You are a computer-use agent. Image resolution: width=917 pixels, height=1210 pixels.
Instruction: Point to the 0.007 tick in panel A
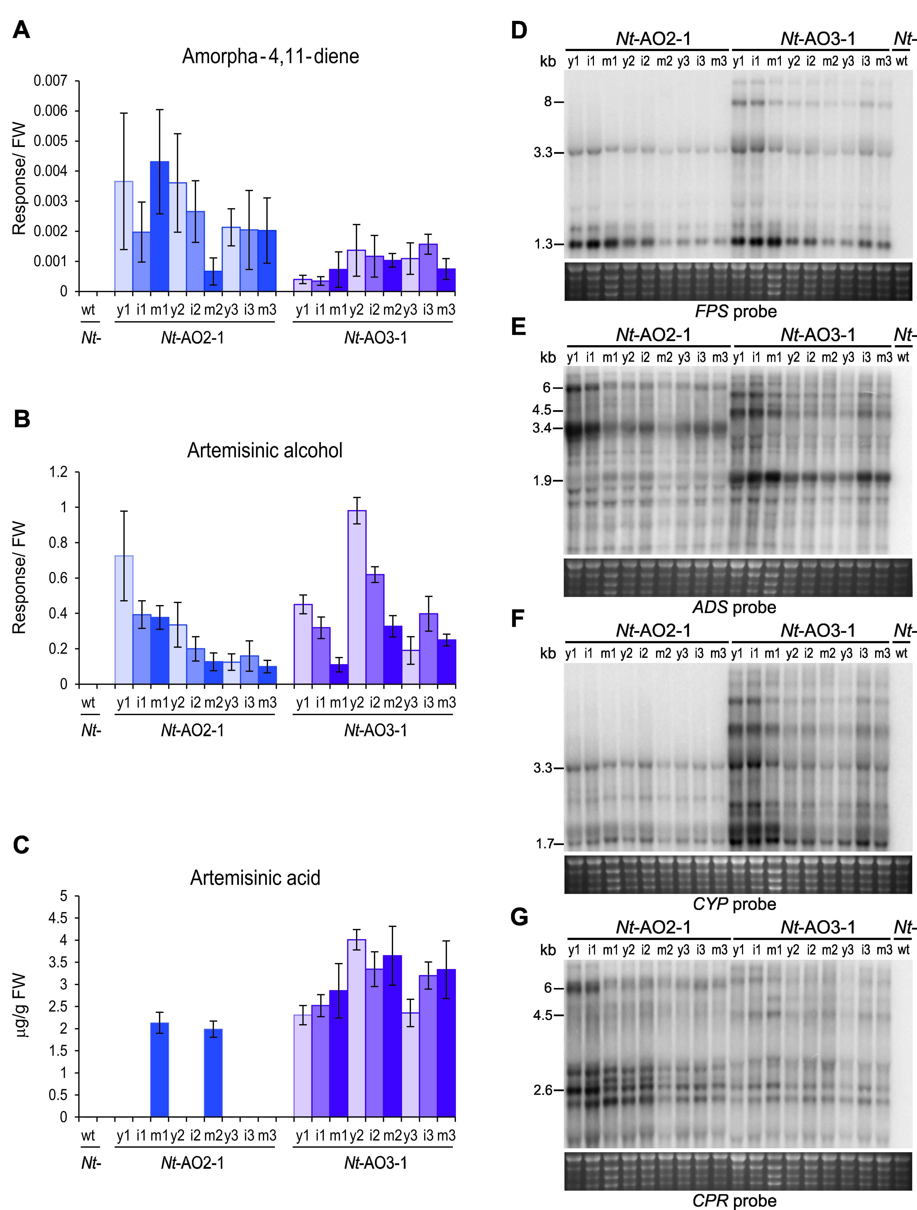(50, 81)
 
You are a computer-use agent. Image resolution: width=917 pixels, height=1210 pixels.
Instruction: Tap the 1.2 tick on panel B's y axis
(59, 472)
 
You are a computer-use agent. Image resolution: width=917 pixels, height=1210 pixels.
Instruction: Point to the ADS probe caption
(734, 607)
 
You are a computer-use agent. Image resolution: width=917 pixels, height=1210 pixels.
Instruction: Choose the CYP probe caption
(734, 904)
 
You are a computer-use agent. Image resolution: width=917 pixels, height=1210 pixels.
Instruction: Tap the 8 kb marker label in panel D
(548, 102)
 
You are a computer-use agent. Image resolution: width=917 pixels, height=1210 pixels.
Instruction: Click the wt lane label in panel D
(902, 61)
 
